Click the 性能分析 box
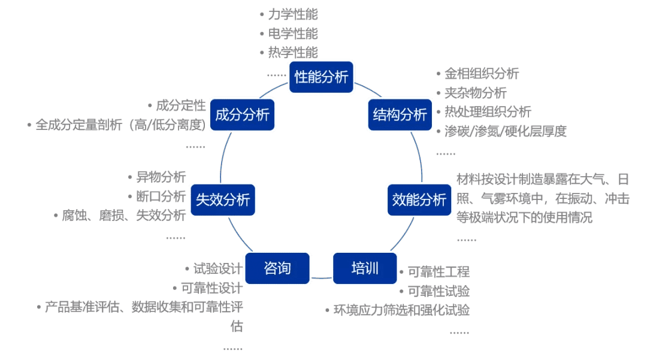(x=322, y=77)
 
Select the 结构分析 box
(x=400, y=114)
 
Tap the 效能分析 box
(x=419, y=199)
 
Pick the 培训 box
(x=365, y=268)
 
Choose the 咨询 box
(x=277, y=268)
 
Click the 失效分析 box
(x=223, y=199)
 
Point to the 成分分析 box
(x=242, y=115)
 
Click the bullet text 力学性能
(x=293, y=14)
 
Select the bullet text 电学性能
(x=293, y=34)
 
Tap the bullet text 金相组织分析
(x=482, y=74)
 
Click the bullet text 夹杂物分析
(x=475, y=93)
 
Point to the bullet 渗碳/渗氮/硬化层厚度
(x=505, y=131)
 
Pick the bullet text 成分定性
(x=180, y=106)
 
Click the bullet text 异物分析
(x=161, y=177)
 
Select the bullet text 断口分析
(x=161, y=196)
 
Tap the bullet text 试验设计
(x=217, y=269)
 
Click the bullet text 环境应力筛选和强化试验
(x=401, y=310)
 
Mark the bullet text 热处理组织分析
(x=488, y=112)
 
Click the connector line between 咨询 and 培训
(x=322, y=278)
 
